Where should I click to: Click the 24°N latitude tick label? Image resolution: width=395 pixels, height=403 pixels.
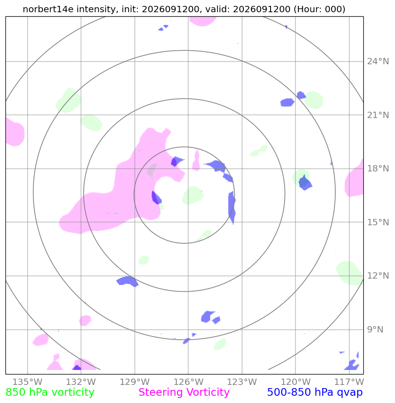click(x=378, y=62)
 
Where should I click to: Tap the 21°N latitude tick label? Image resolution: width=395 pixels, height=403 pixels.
click(x=378, y=115)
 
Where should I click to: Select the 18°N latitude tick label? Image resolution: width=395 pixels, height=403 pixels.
click(x=378, y=169)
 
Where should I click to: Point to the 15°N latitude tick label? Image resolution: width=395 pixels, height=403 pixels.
click(x=378, y=223)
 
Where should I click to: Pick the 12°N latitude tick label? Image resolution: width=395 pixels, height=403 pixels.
click(x=378, y=276)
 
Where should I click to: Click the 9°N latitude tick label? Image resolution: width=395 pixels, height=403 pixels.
click(x=375, y=329)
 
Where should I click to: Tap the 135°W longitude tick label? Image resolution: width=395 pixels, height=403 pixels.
click(x=28, y=382)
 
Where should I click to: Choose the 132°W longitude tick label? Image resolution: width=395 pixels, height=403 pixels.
click(x=81, y=382)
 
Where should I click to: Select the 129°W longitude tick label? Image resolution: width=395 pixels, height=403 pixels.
click(x=135, y=382)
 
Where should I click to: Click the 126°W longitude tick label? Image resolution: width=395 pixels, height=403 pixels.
click(x=188, y=382)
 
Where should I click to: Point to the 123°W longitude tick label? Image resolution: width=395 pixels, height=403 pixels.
click(x=242, y=382)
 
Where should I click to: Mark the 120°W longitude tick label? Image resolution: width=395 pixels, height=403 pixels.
click(x=295, y=382)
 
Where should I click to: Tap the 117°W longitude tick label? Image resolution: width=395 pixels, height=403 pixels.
click(x=349, y=382)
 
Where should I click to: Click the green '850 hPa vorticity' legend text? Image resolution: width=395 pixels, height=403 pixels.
click(x=50, y=393)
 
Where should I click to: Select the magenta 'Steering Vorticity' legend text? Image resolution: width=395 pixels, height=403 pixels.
click(x=184, y=393)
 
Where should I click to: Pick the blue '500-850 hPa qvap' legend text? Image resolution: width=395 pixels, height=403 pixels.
click(x=315, y=393)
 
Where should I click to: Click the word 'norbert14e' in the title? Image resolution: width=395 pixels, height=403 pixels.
click(x=48, y=9)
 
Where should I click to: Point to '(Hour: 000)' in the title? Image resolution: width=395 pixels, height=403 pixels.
click(x=319, y=9)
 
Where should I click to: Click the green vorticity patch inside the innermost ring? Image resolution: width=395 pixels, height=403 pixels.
click(x=192, y=195)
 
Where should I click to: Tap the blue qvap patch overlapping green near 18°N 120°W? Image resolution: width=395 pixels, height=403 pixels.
click(x=305, y=183)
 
